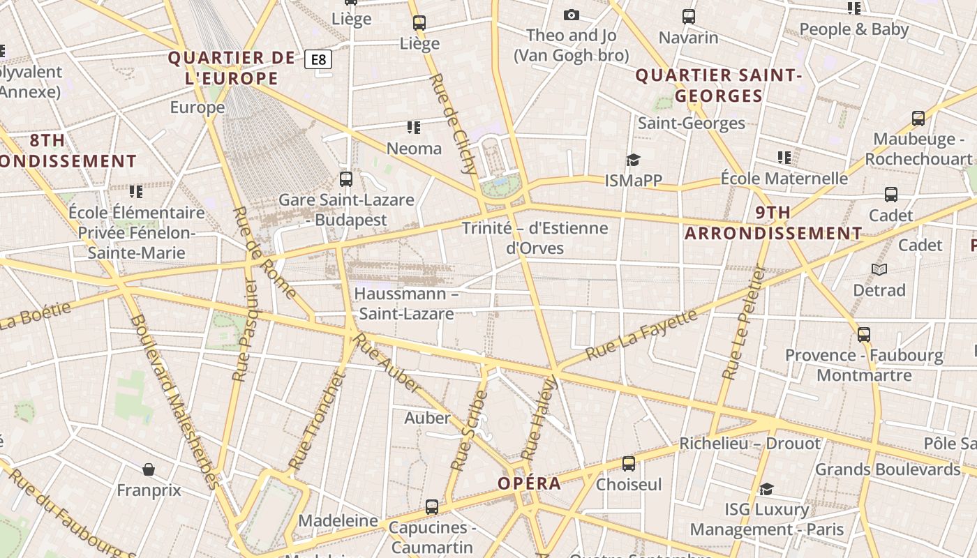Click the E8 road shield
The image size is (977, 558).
click(318, 59)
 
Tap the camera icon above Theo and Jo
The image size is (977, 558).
click(571, 15)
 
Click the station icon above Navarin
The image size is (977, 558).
click(688, 16)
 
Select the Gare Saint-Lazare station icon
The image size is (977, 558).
click(345, 179)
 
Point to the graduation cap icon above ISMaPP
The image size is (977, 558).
click(633, 160)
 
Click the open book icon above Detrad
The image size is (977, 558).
click(879, 269)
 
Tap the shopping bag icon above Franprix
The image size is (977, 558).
click(148, 469)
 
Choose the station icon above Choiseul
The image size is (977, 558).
click(628, 463)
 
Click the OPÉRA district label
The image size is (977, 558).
click(529, 483)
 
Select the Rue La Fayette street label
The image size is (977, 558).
click(641, 335)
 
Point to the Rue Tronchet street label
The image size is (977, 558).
click(318, 421)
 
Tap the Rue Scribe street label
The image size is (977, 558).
click(469, 430)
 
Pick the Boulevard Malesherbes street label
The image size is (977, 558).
click(174, 401)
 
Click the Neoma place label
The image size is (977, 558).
click(414, 149)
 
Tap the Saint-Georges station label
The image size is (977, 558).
click(692, 123)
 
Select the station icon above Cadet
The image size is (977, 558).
click(890, 195)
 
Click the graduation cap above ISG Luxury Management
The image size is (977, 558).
click(766, 489)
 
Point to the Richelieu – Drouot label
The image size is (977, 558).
click(750, 444)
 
